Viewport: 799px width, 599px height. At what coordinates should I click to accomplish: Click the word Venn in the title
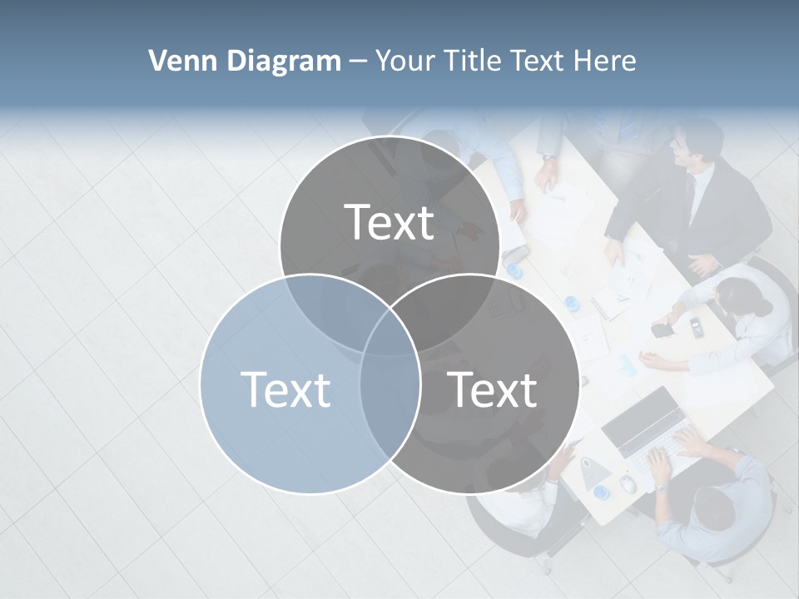point(177,61)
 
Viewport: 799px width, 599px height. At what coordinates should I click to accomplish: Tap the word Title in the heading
point(474,61)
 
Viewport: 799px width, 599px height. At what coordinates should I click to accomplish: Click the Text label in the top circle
point(390,222)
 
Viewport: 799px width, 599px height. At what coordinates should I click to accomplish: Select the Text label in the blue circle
point(285,389)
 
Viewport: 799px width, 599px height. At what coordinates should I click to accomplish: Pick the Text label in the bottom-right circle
point(493,389)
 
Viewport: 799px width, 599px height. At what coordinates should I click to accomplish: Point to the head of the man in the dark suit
point(692,141)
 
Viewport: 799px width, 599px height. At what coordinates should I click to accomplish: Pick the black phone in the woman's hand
point(663,329)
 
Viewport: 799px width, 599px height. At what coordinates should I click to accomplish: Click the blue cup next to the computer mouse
point(602,492)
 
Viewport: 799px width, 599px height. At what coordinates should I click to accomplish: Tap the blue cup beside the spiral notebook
point(571,302)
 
